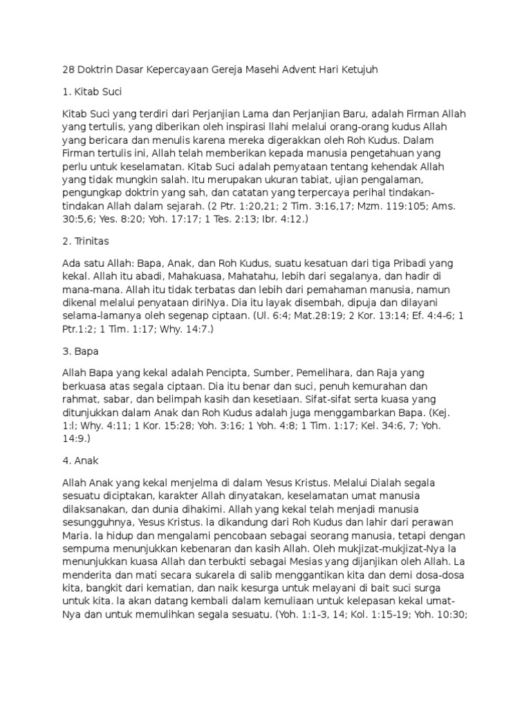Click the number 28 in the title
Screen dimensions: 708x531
[x=68, y=70]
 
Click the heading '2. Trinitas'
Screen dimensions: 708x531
[x=87, y=243]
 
